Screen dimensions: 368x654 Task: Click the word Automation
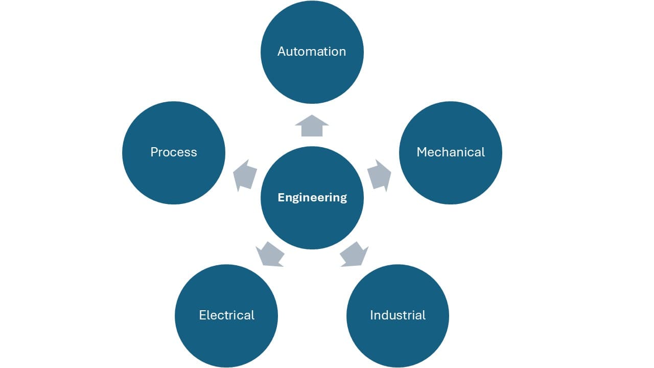pyautogui.click(x=312, y=52)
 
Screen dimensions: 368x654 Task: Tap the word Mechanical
pyautogui.click(x=451, y=152)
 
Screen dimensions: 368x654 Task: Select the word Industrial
pyautogui.click(x=398, y=315)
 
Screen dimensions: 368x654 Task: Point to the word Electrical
pyautogui.click(x=226, y=315)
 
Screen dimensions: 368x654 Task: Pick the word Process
pyautogui.click(x=174, y=152)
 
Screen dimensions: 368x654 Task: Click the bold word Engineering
pyautogui.click(x=312, y=198)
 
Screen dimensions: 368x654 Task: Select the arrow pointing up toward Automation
pyautogui.click(x=312, y=126)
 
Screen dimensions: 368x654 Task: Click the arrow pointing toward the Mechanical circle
pyautogui.click(x=379, y=175)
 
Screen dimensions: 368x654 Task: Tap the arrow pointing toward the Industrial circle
pyautogui.click(x=354, y=254)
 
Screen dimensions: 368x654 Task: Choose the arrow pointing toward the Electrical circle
pyautogui.click(x=270, y=254)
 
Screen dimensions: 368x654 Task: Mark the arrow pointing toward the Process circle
pyautogui.click(x=244, y=175)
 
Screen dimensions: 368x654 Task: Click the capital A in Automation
pyautogui.click(x=282, y=52)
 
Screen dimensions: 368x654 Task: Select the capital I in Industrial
pyautogui.click(x=371, y=315)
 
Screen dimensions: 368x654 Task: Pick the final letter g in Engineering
pyautogui.click(x=343, y=199)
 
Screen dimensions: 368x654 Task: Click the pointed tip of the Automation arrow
pyautogui.click(x=312, y=116)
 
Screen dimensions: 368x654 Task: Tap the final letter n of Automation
pyautogui.click(x=342, y=52)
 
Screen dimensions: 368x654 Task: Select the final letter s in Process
pyautogui.click(x=194, y=152)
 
